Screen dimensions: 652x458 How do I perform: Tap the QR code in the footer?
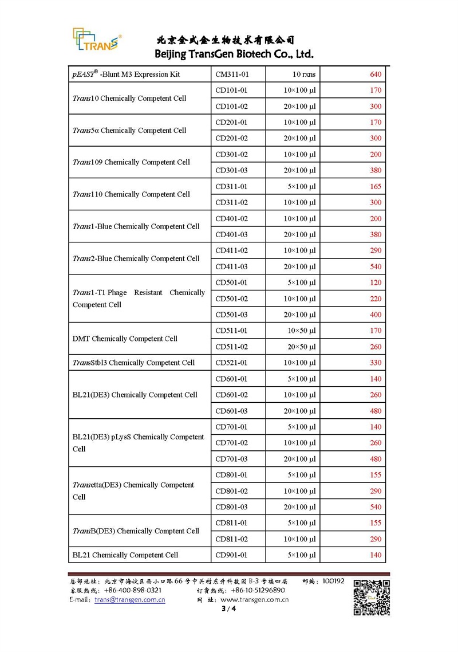(x=371, y=598)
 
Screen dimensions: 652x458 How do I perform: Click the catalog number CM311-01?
(x=232, y=74)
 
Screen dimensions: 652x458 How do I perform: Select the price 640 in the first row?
(x=376, y=74)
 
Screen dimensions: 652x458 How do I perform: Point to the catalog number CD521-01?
(x=232, y=363)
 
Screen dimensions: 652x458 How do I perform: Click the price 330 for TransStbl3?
(x=376, y=363)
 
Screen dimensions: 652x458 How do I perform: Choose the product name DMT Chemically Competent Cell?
(x=125, y=339)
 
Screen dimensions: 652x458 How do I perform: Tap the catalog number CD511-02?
(x=232, y=347)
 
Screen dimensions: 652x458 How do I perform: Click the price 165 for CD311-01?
(x=376, y=187)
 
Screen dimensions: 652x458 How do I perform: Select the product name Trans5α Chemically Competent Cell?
(x=129, y=131)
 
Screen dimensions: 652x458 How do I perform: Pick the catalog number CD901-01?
(x=232, y=555)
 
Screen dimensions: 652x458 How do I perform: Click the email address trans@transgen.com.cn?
(x=130, y=600)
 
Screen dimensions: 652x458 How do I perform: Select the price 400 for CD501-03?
(x=376, y=315)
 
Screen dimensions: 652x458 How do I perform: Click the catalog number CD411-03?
(x=232, y=266)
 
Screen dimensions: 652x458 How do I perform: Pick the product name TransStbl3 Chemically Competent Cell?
(x=133, y=363)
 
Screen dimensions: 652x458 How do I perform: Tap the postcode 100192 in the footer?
(x=332, y=581)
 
